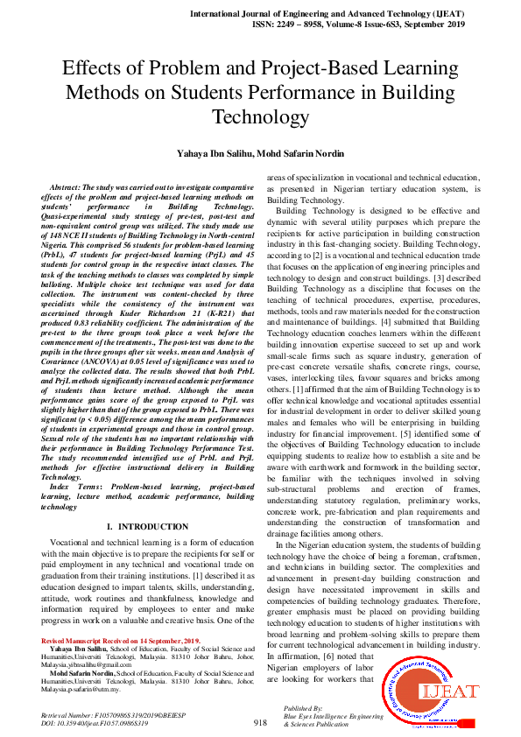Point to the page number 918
[x=260, y=722]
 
